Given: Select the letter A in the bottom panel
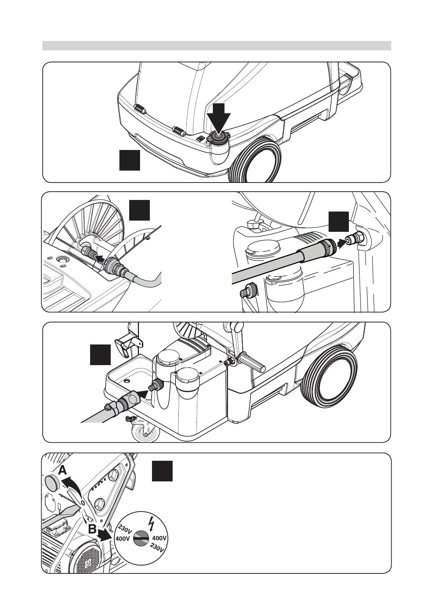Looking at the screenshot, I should click(62, 471).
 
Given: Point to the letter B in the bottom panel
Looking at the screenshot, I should click(92, 530).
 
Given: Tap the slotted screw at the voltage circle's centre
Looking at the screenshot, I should click(140, 539).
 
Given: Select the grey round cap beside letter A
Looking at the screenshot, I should click(51, 482).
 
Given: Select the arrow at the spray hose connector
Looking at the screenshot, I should click(342, 243).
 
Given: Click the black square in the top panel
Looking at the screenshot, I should click(130, 161).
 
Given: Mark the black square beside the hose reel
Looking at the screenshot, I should click(139, 210).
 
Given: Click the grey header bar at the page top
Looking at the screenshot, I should click(216, 46).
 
